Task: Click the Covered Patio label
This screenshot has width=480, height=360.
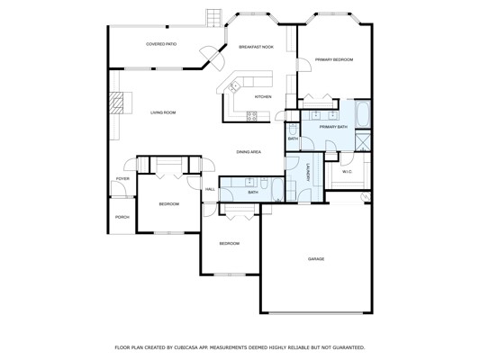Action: click(161, 44)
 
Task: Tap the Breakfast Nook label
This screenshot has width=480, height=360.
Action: click(257, 47)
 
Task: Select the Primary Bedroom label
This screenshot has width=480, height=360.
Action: click(334, 59)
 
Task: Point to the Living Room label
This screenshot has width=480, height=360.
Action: click(163, 112)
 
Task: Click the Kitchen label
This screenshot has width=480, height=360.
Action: click(263, 96)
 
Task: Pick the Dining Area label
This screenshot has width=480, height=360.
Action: click(249, 152)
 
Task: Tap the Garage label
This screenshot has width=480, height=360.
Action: click(316, 259)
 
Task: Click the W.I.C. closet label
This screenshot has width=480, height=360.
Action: click(347, 172)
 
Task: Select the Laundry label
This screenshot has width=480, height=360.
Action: click(308, 174)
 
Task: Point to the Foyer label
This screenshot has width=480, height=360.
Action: click(122, 178)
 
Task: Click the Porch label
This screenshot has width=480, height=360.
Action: click(122, 217)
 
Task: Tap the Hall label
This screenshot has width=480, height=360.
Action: click(210, 189)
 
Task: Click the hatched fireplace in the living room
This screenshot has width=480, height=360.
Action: click(116, 103)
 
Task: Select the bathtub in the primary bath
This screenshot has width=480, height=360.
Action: click(363, 113)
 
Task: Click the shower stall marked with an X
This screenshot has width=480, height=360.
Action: click(363, 140)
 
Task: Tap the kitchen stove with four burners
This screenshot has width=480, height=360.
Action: click(252, 116)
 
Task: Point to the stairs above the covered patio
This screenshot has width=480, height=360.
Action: click(213, 18)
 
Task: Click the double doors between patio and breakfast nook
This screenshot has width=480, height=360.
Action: click(213, 58)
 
